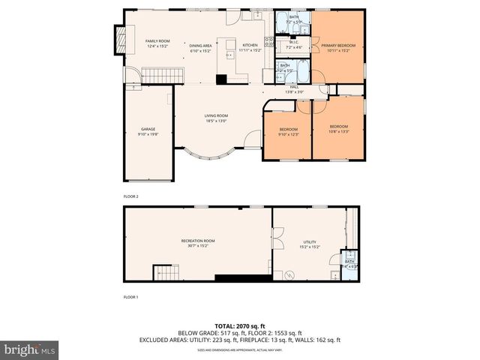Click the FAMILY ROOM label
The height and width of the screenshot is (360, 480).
tap(157, 40)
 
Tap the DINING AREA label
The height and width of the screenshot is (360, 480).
tap(200, 45)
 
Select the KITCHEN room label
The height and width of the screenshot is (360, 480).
tap(250, 45)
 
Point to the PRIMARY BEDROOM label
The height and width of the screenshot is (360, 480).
tap(338, 46)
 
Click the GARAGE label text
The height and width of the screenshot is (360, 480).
tap(148, 129)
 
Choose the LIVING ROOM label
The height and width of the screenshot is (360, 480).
tap(216, 115)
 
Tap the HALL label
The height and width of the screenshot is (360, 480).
tap(295, 87)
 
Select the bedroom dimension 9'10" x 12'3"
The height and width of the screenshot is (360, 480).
tap(289, 134)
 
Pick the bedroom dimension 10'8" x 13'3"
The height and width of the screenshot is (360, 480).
tap(338, 130)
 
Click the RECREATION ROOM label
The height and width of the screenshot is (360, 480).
tap(198, 241)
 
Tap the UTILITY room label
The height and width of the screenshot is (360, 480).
tap(310, 242)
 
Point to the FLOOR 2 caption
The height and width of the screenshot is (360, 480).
tap(131, 196)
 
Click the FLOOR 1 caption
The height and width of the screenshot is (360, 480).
tap(131, 297)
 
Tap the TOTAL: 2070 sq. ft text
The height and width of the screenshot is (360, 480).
tap(240, 326)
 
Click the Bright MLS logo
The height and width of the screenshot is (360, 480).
tap(30, 349)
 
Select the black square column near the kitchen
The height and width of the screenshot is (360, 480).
tap(220, 79)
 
